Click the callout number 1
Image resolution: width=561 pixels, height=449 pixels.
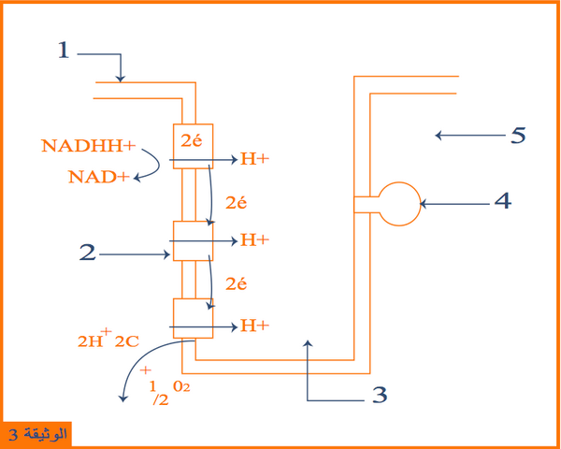click(x=64, y=50)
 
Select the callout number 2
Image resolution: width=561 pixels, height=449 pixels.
click(x=87, y=252)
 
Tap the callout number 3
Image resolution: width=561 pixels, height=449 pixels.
click(x=380, y=395)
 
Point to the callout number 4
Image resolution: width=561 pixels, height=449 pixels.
click(x=503, y=201)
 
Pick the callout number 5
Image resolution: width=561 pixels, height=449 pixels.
click(x=518, y=136)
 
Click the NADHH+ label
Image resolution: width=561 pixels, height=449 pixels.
click(x=89, y=146)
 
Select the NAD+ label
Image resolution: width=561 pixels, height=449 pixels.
click(x=99, y=177)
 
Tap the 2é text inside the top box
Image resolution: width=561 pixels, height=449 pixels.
click(x=192, y=140)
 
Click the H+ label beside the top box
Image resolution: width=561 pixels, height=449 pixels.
click(x=254, y=159)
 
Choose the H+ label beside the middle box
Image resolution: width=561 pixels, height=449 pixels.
click(x=254, y=239)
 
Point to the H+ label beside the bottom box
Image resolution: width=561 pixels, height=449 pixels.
click(x=254, y=326)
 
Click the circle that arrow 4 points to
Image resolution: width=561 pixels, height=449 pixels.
click(x=399, y=182)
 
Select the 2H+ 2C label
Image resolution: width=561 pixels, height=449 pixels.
click(x=108, y=339)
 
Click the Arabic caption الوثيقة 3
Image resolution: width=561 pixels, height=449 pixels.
click(x=37, y=434)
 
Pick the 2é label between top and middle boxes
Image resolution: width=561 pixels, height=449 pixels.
click(x=237, y=203)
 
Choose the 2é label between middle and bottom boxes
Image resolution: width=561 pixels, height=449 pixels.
click(x=237, y=284)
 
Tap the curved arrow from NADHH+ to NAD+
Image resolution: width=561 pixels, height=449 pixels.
click(x=159, y=165)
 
